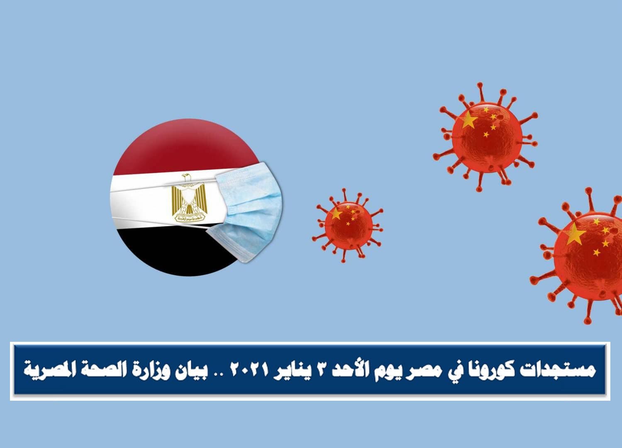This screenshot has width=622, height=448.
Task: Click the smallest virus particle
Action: (x=348, y=225)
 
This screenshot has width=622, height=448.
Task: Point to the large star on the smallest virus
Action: (x=336, y=214)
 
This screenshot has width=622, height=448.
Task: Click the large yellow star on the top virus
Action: (x=468, y=120)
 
